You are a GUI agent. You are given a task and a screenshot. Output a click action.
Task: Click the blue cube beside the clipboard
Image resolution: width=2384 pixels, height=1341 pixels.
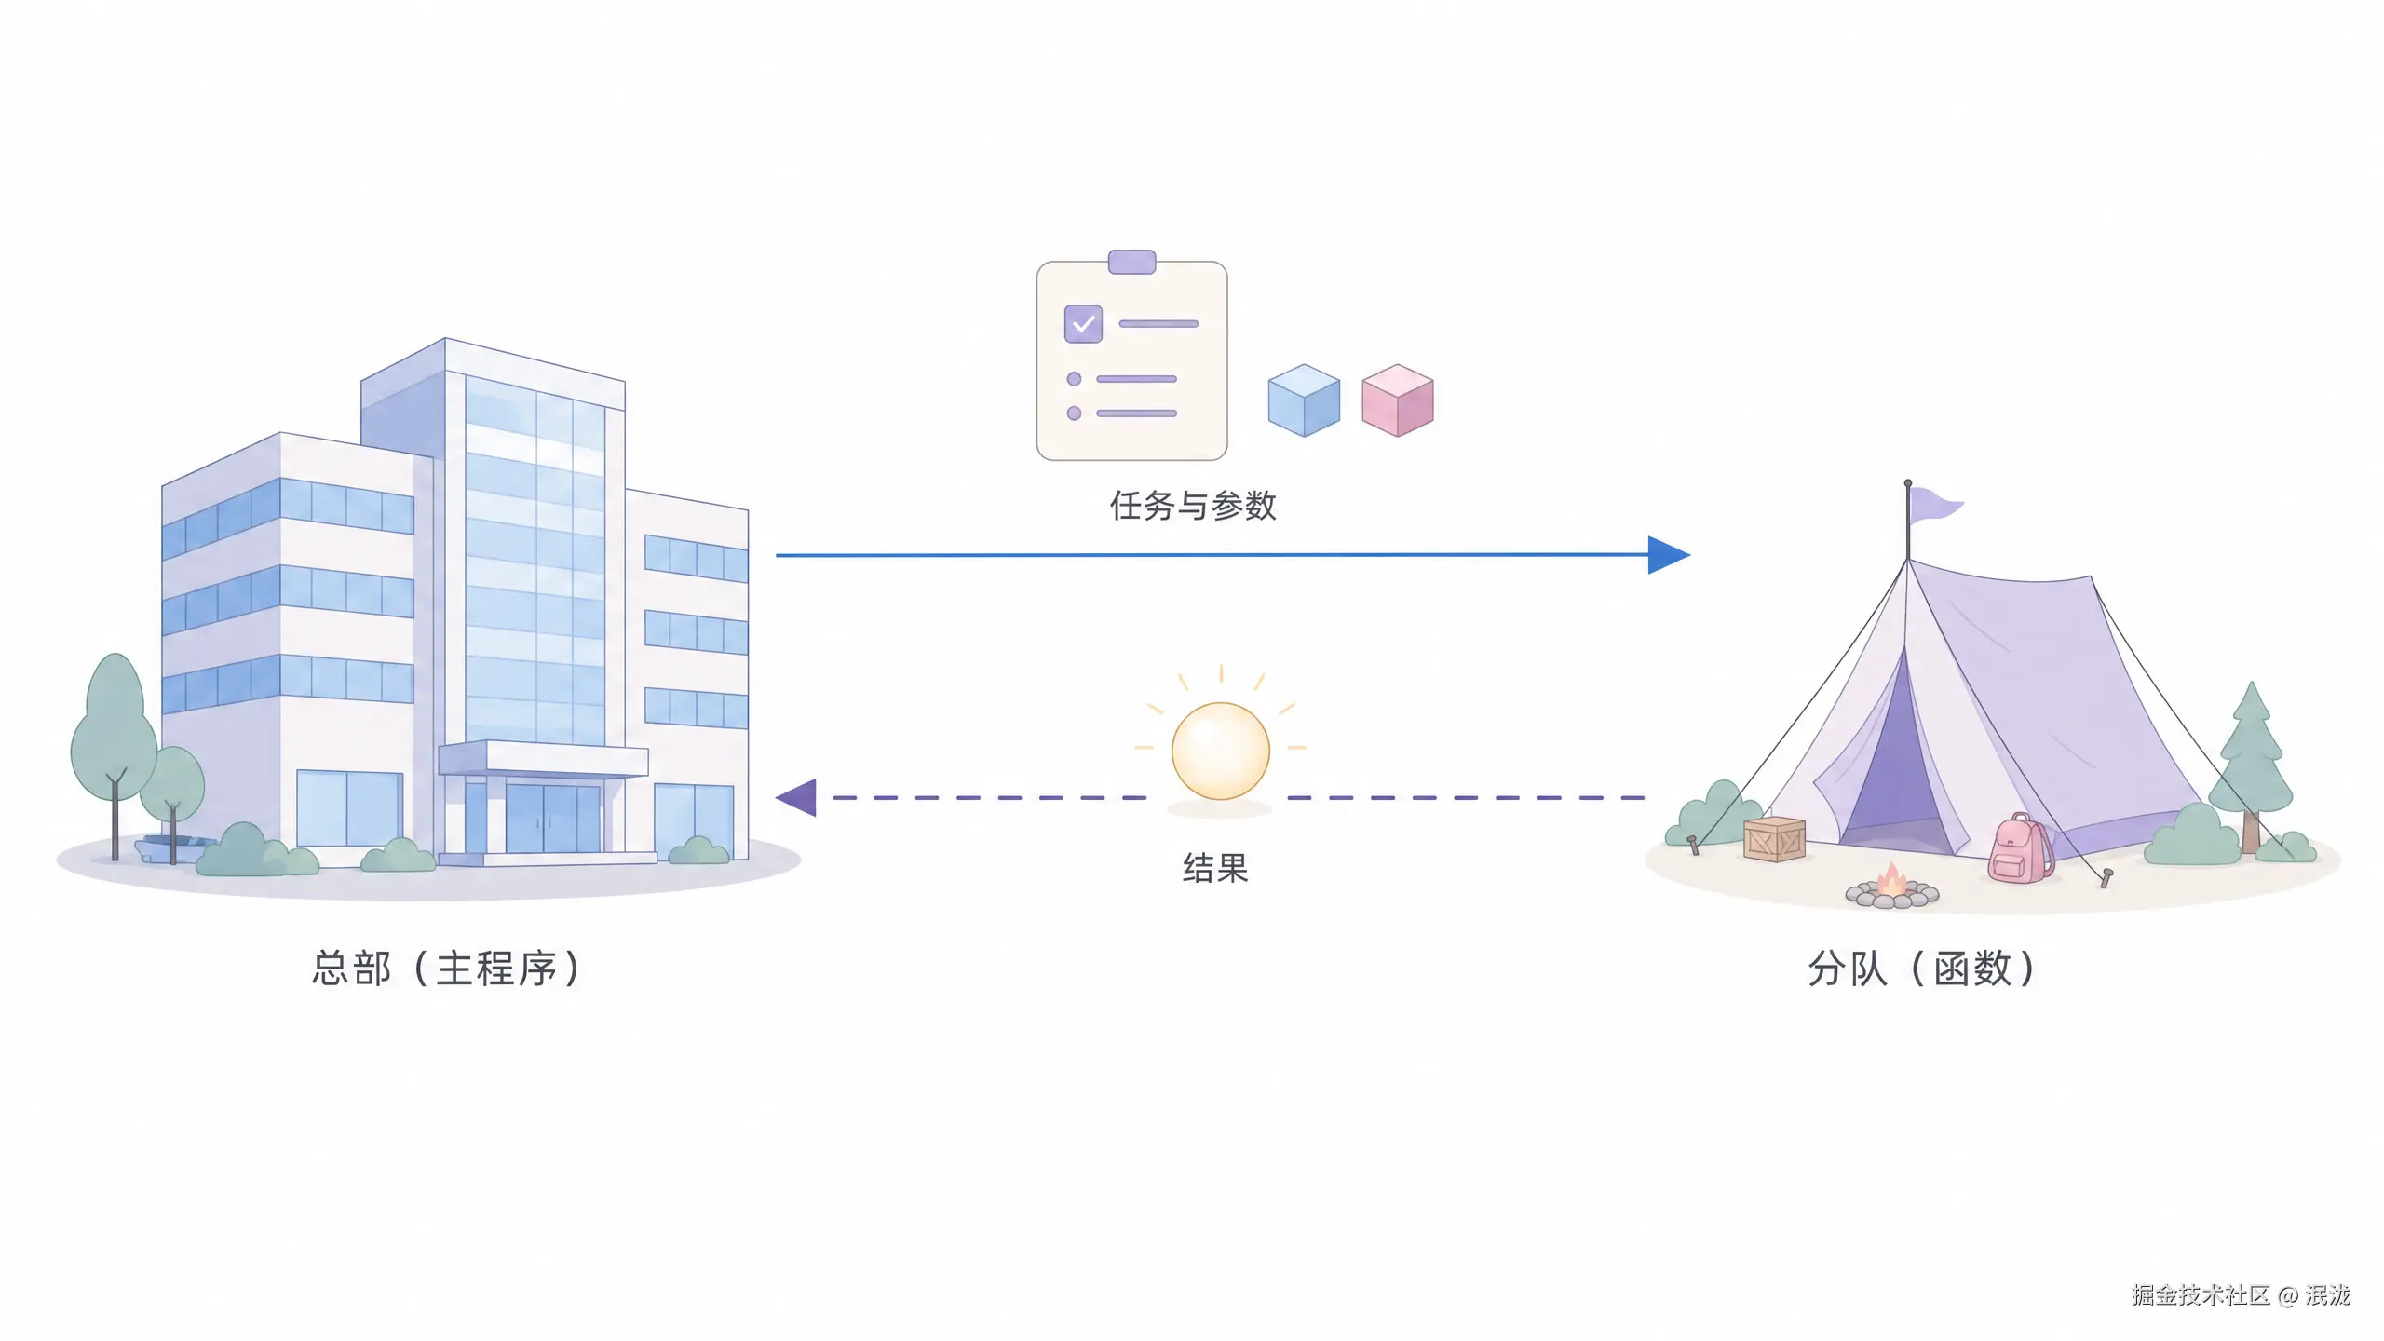point(1304,400)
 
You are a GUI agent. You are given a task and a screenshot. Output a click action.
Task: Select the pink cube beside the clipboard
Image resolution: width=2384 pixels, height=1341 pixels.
point(1397,400)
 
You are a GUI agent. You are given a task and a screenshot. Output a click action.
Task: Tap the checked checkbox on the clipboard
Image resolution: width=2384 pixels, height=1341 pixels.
point(1083,324)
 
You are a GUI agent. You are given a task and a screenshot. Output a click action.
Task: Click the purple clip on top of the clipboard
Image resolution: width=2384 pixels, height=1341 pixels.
point(1131,262)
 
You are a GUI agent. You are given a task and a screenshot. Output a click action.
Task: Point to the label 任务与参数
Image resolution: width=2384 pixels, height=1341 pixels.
point(1192,506)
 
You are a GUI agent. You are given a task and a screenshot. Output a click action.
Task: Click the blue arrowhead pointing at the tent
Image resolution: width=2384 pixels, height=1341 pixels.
point(1669,555)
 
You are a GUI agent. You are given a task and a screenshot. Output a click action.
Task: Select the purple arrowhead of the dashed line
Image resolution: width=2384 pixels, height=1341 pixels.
point(796,798)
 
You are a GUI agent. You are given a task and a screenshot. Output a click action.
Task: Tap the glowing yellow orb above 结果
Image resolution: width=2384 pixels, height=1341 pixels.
point(1220,751)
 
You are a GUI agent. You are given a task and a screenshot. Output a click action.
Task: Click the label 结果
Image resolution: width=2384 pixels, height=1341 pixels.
point(1215,868)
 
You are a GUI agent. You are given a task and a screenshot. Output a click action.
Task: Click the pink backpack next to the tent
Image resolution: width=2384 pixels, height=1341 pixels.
point(2020,847)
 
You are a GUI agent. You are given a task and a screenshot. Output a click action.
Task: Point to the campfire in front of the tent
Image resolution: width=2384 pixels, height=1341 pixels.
point(1892,887)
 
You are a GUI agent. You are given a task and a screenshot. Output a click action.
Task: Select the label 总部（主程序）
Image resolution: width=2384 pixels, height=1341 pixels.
point(445,968)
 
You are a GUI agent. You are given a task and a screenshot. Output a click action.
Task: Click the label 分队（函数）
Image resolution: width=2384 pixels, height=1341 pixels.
point(1920,968)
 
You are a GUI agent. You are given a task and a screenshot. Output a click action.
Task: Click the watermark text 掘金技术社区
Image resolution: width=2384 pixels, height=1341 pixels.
point(2201,1294)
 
